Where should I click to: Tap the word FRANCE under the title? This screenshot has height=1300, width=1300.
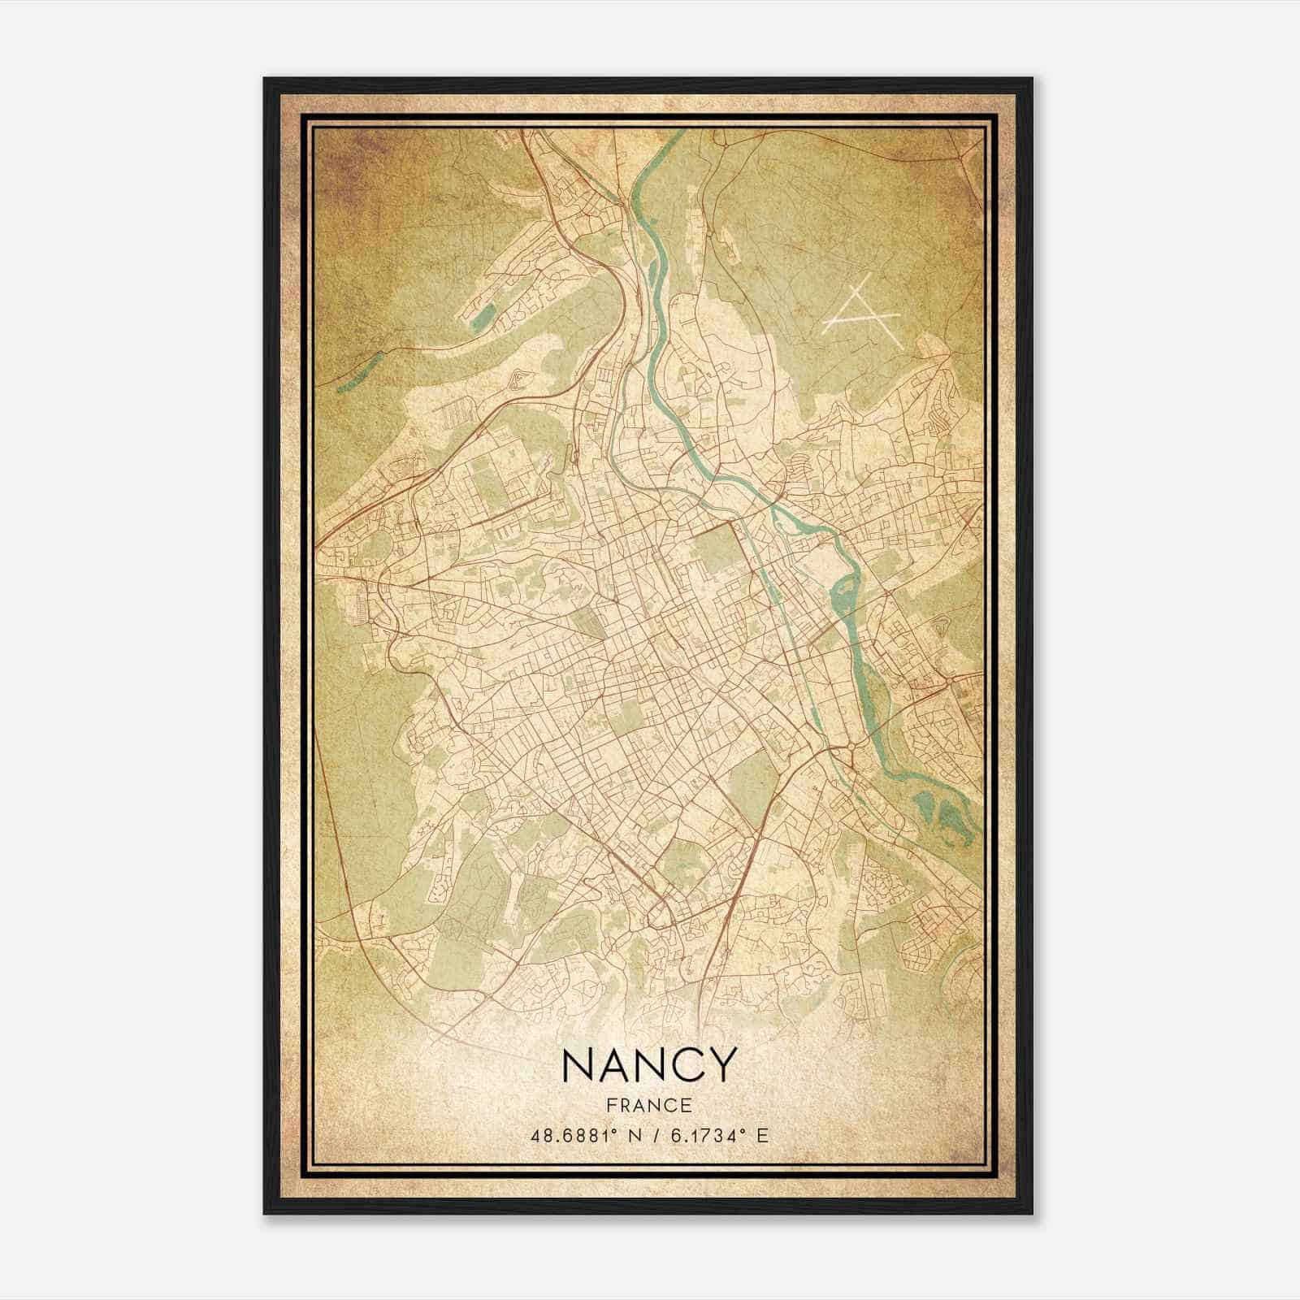(648, 1105)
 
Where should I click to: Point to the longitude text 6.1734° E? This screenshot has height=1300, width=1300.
(716, 1135)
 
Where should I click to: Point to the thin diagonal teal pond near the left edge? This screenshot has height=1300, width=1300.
(357, 370)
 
